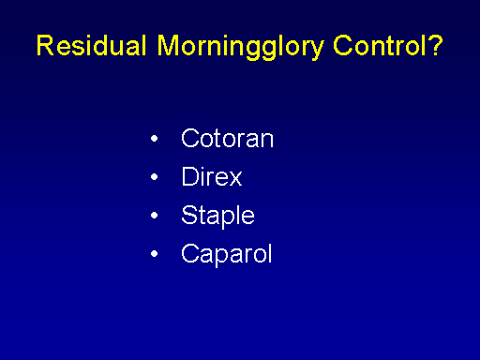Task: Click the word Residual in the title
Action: click(91, 45)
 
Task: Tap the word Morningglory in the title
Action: click(240, 47)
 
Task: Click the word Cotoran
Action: click(227, 138)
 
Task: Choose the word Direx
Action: click(212, 176)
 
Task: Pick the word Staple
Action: click(217, 217)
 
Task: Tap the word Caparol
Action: click(227, 255)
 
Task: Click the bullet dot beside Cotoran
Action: click(154, 138)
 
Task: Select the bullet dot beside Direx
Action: click(154, 177)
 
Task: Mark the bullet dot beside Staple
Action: click(154, 216)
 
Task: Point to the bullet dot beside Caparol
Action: click(154, 254)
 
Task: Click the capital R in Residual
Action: click(46, 45)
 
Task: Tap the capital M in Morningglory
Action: click(168, 45)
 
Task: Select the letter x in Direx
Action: click(234, 179)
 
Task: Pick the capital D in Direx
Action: click(190, 176)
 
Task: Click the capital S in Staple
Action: click(189, 215)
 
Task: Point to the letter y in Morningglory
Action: click(315, 50)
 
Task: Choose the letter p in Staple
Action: click(231, 219)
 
